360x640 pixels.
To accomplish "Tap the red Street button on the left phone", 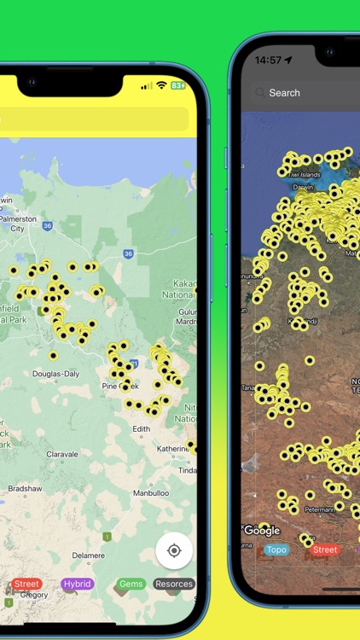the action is pyautogui.click(x=26, y=584).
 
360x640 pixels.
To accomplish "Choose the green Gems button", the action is pyautogui.click(x=131, y=584).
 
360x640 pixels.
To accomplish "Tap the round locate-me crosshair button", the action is pyautogui.click(x=174, y=550).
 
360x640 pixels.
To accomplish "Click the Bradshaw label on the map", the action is pyautogui.click(x=24, y=489).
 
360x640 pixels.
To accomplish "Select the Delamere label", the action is pyautogui.click(x=88, y=555).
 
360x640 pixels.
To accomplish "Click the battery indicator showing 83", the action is pyautogui.click(x=178, y=85).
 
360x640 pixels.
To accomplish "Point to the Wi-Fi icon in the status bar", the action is pyautogui.click(x=161, y=85).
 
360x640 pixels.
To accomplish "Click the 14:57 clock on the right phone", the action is pyautogui.click(x=268, y=61).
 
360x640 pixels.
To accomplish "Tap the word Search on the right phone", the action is pyautogui.click(x=284, y=93).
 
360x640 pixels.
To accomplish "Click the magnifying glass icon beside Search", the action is pyautogui.click(x=259, y=93).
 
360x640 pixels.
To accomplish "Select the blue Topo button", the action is pyautogui.click(x=276, y=550).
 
